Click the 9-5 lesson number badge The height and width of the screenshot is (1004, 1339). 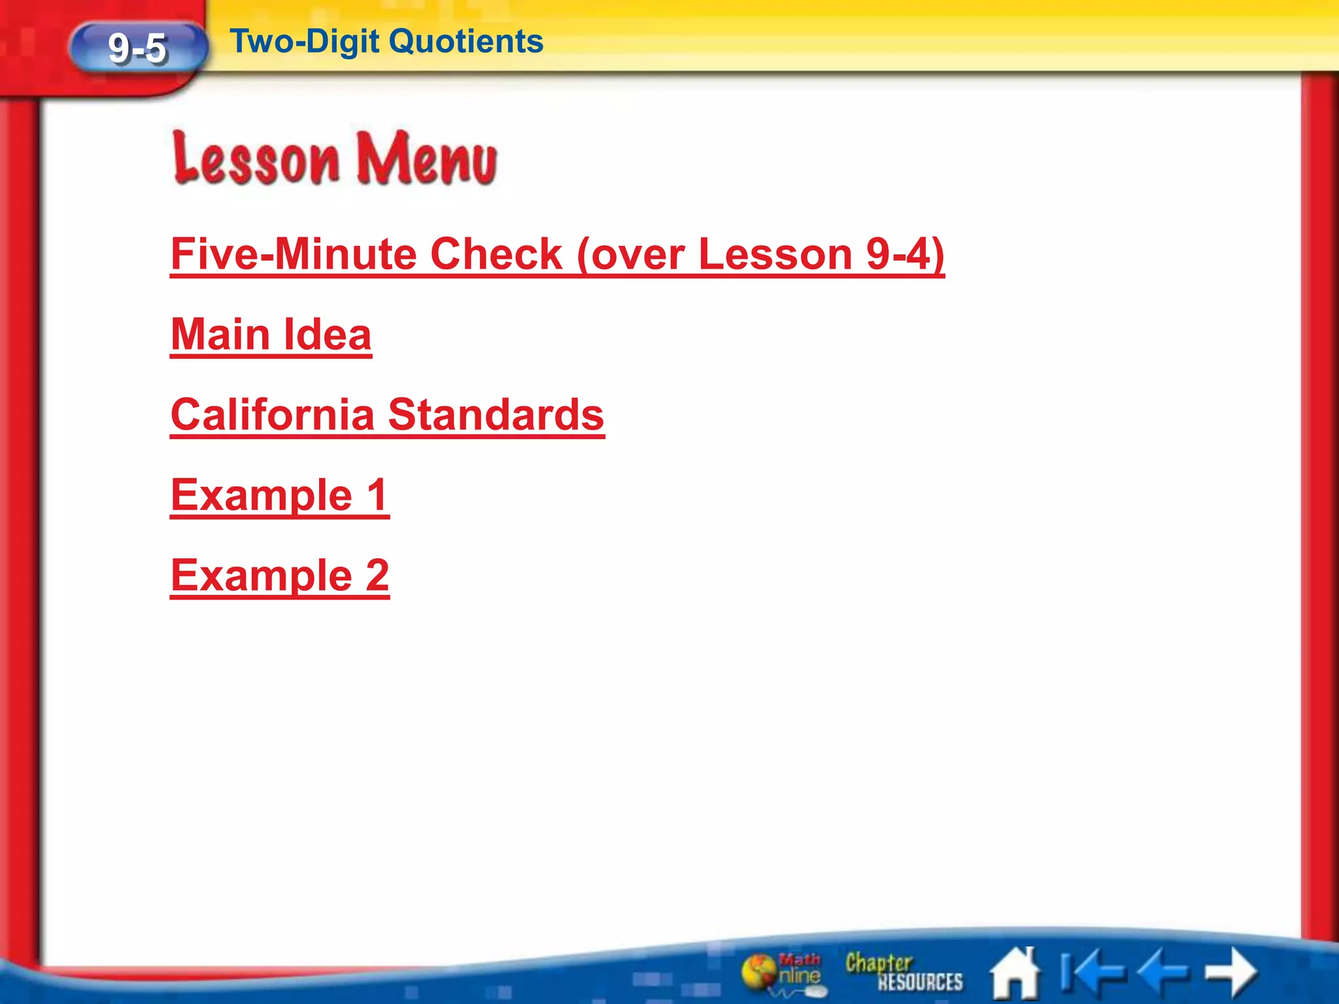pos(138,48)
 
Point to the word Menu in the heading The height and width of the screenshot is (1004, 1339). pos(427,159)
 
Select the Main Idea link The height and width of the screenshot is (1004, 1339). pos(271,335)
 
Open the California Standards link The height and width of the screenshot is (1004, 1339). pos(387,414)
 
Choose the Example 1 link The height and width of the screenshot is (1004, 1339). pos(280,495)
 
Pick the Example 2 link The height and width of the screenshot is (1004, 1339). pos(280,575)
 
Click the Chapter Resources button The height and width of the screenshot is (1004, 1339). pos(904,972)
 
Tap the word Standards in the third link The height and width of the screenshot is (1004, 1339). pos(496,414)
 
